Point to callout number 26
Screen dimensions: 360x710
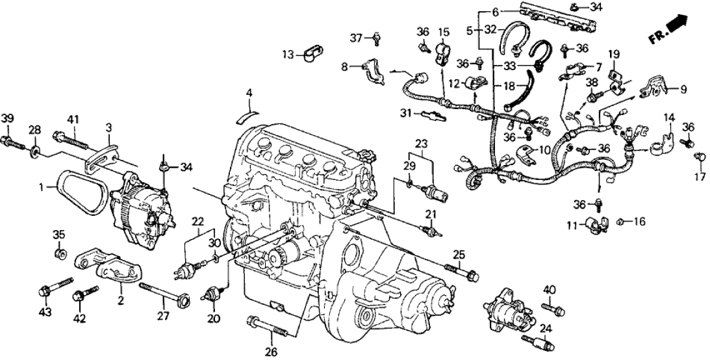pos(271,352)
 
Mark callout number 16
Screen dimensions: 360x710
pos(639,222)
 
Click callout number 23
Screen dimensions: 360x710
pos(422,143)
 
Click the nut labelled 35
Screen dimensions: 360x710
pos(60,251)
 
